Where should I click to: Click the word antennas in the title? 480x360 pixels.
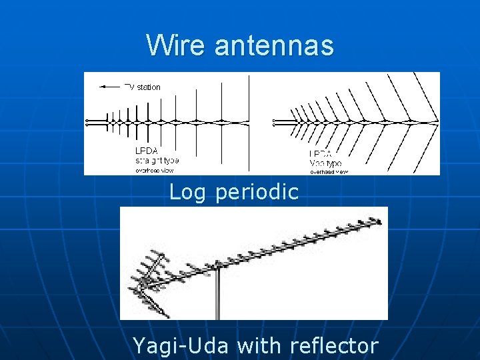coord(273,45)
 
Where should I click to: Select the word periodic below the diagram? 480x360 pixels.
coord(257,193)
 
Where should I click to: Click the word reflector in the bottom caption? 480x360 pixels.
coord(334,346)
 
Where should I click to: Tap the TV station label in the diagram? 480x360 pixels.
coord(142,87)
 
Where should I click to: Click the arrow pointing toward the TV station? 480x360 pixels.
coord(109,87)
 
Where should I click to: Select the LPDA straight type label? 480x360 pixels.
coord(156,155)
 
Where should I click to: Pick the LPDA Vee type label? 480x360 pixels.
coord(326,158)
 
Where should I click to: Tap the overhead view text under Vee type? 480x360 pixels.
coord(329,172)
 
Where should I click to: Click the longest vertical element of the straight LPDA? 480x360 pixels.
coord(249,122)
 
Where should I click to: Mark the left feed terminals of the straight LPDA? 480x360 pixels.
coord(87,122)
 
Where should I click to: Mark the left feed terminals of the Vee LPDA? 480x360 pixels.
coord(275,122)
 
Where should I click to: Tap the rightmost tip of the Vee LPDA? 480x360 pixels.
coord(437,122)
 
